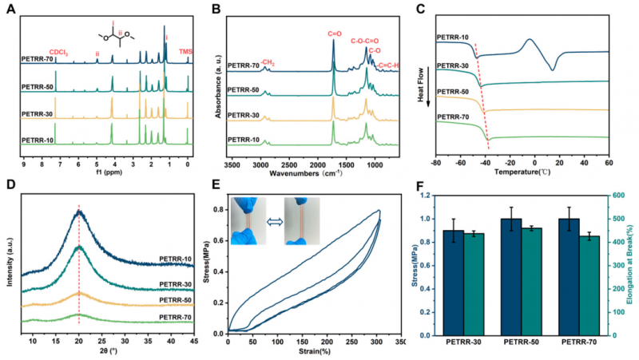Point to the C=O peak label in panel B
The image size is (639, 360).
[334, 34]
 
